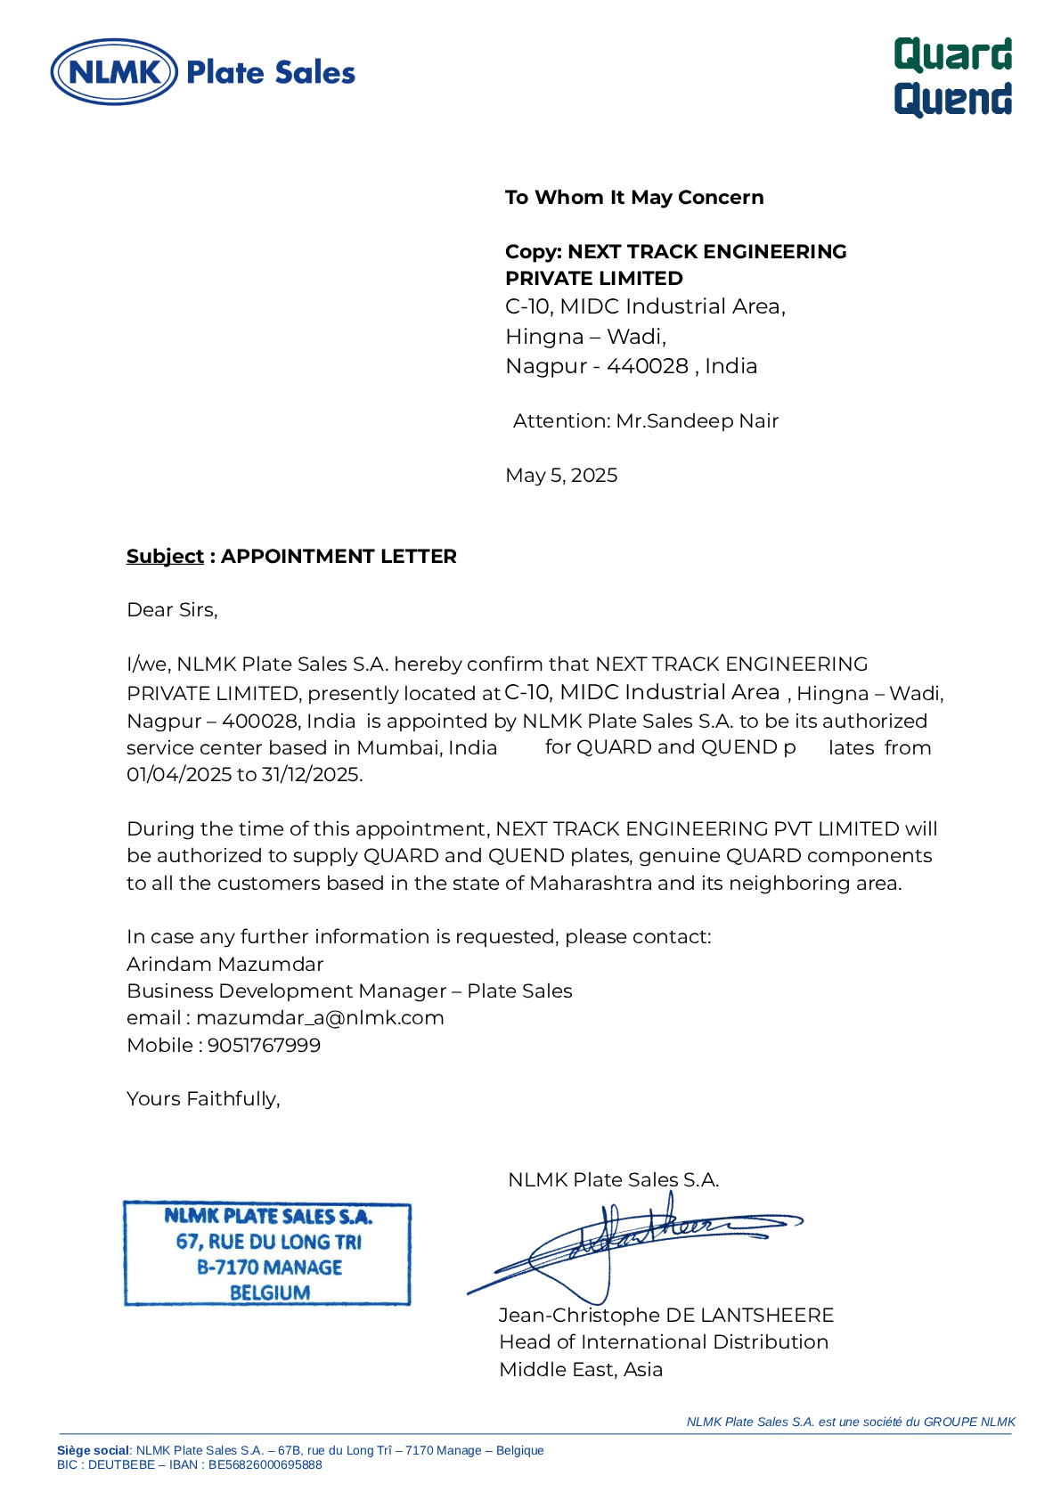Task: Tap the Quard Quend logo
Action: click(x=952, y=77)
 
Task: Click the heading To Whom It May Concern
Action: click(x=634, y=198)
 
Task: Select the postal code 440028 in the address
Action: click(x=648, y=366)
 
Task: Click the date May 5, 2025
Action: click(x=561, y=476)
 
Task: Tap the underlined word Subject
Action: click(x=165, y=557)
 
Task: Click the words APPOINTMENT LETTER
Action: click(x=339, y=557)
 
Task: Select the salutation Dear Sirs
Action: click(x=172, y=610)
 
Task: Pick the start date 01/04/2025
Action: click(x=179, y=775)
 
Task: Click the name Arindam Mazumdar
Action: click(x=225, y=965)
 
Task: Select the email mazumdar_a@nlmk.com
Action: click(x=320, y=1018)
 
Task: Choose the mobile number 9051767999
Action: click(x=264, y=1046)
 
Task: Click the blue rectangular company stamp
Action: click(x=267, y=1253)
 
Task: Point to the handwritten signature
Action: click(x=624, y=1243)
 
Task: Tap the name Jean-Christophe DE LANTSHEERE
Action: click(x=666, y=1316)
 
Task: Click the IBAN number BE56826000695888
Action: click(x=265, y=1465)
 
